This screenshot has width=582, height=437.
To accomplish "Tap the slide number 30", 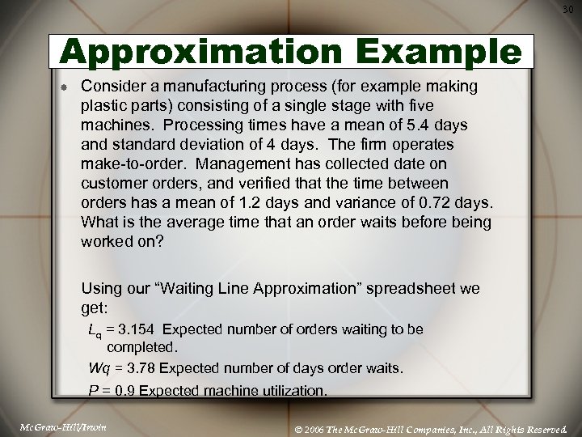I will (568, 9).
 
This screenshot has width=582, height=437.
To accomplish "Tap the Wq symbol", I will (99, 368).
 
